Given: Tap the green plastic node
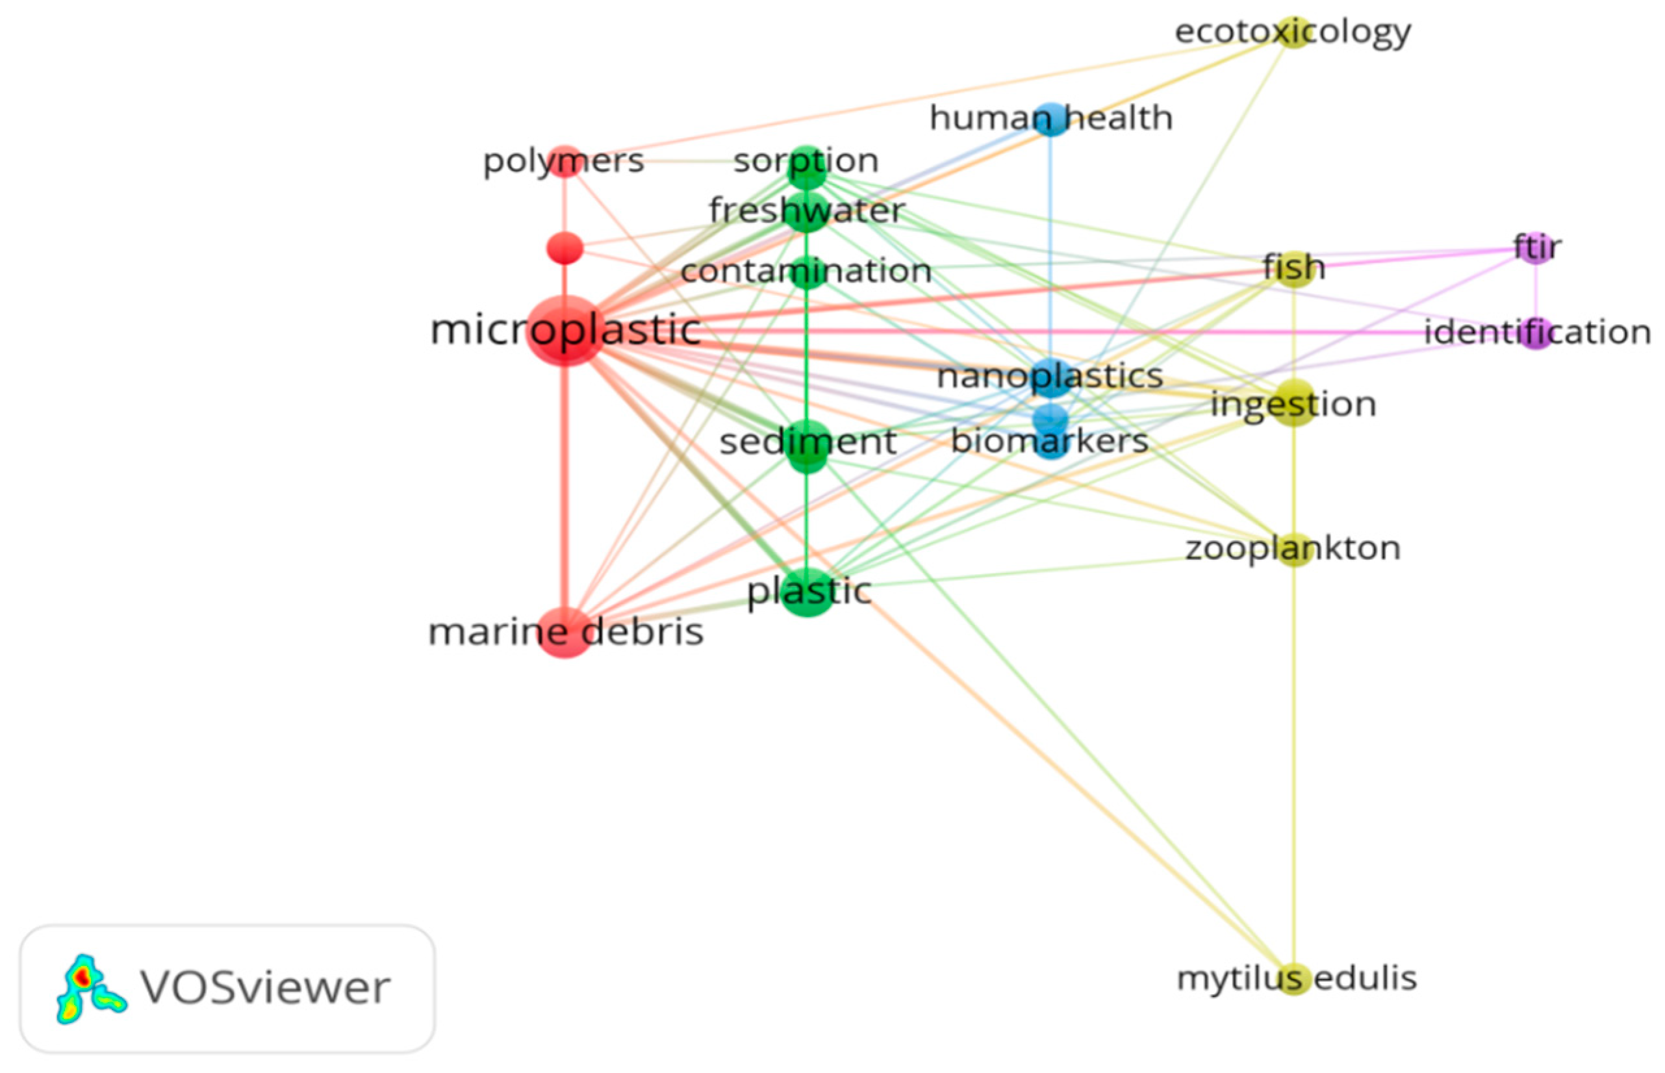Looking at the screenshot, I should (807, 592).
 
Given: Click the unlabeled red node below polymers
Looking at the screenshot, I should (565, 249).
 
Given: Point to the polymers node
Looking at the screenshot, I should (565, 162).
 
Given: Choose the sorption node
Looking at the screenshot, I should (806, 166).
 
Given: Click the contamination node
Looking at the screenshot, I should (806, 271).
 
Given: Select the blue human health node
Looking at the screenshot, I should (1050, 119).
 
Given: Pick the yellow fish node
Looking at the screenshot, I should (1293, 269).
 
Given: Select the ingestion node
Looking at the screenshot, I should (1293, 404).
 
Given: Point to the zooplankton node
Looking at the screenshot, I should (1293, 549).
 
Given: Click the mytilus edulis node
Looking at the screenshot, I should (1293, 979).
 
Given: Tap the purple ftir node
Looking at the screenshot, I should (1536, 248).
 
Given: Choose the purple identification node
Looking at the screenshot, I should (1536, 333).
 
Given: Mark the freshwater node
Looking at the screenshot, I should (806, 211).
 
